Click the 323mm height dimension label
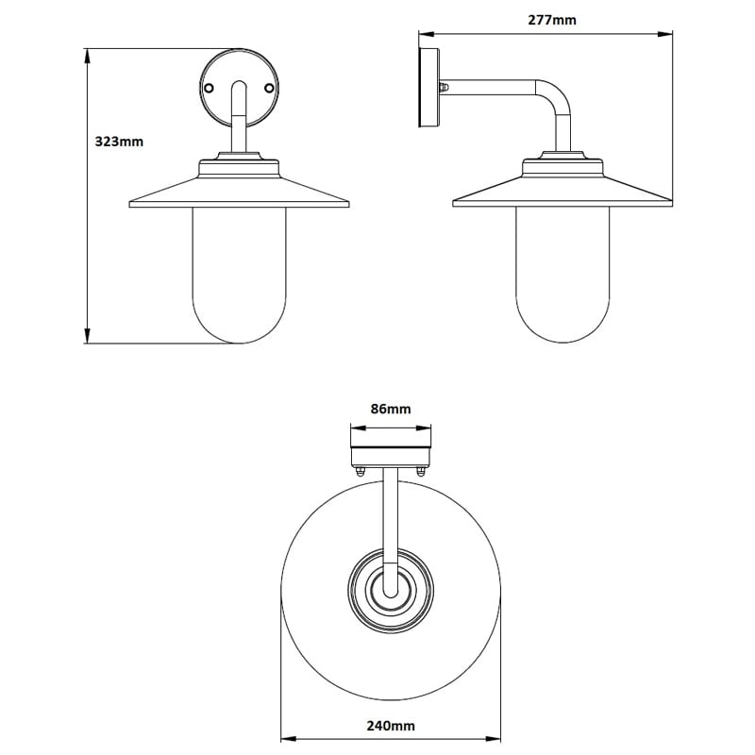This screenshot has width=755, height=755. (x=119, y=142)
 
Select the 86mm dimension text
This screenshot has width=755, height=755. (x=391, y=409)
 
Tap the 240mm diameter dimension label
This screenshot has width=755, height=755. (x=392, y=726)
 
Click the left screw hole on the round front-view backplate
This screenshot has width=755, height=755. (x=208, y=88)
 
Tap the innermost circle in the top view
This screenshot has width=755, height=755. (x=391, y=589)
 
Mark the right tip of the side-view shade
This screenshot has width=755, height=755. (x=670, y=201)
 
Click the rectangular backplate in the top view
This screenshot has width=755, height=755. (x=391, y=449)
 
